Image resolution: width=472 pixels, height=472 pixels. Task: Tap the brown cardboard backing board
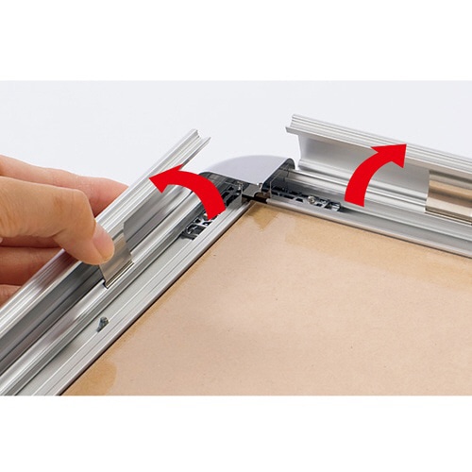pos(283,312)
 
